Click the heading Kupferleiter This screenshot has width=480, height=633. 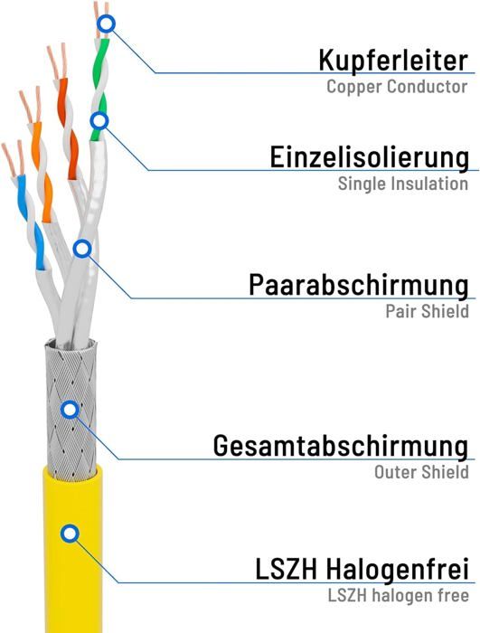click(x=393, y=61)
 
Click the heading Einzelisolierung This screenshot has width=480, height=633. click(x=369, y=157)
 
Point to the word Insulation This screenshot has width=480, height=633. click(x=429, y=184)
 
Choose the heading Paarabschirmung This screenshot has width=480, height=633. click(x=359, y=285)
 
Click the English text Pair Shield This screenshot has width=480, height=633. click(x=427, y=312)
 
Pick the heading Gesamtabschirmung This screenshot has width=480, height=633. click(x=341, y=446)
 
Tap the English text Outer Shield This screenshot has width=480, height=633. click(x=421, y=472)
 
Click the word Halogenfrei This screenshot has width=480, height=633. click(x=397, y=569)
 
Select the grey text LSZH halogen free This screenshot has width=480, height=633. click(x=398, y=595)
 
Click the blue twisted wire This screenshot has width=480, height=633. click(x=30, y=222)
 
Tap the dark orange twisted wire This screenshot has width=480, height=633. click(x=68, y=129)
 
